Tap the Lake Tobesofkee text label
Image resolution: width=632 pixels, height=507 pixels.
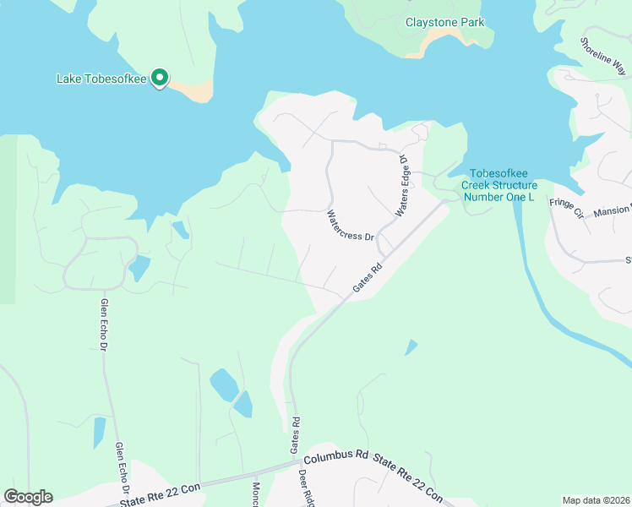(101, 79)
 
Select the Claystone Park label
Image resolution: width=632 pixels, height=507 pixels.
(444, 22)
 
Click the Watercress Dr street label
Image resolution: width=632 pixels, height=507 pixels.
(351, 226)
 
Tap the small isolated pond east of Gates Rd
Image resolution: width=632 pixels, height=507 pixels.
(411, 346)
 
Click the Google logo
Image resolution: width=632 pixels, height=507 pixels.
(28, 497)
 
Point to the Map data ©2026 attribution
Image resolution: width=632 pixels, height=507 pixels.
(596, 500)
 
